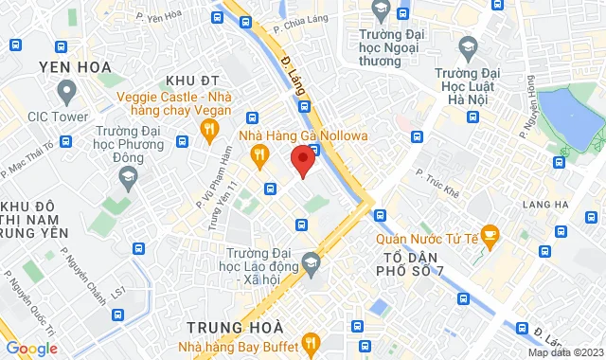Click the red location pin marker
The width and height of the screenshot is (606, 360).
(x=302, y=160)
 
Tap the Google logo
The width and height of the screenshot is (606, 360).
(x=30, y=349)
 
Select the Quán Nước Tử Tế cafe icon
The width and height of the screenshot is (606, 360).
(x=490, y=233)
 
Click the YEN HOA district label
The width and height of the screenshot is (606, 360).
(x=75, y=66)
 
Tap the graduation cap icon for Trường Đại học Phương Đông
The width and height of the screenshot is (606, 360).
(x=125, y=176)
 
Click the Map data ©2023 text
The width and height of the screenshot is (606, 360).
(x=563, y=352)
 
